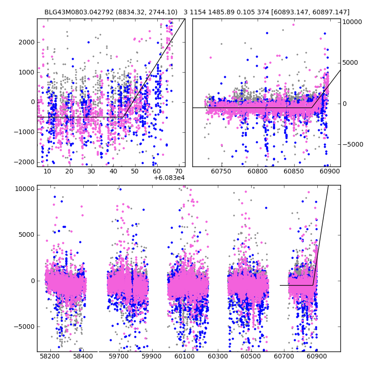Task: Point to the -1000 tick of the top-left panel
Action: (x=25, y=132)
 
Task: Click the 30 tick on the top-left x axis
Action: (x=91, y=171)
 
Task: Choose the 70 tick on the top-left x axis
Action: (x=179, y=171)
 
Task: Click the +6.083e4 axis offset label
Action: (x=169, y=178)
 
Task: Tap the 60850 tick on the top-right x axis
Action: (x=295, y=171)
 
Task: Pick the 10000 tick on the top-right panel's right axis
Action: (x=353, y=22)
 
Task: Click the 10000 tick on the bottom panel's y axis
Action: (x=25, y=189)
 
